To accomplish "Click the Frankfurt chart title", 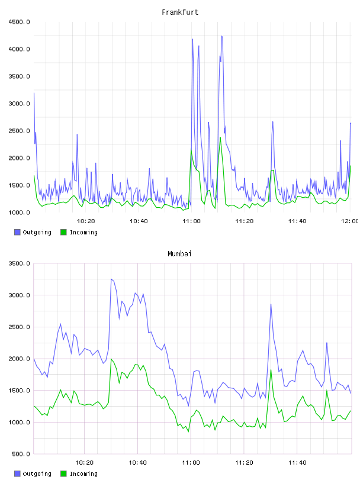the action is pos(180,12).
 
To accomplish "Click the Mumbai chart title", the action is pos(179,254).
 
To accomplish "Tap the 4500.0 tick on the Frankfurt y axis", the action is pos(20,22).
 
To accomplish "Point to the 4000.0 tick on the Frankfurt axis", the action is pos(20,49).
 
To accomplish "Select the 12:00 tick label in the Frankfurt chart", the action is pos(350,221).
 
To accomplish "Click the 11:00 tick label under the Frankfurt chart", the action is pos(191,221).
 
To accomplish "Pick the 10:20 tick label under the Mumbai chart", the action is pos(85,463).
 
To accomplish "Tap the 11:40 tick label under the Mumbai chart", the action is pos(297,463).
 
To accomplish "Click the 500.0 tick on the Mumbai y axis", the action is pos(21,454).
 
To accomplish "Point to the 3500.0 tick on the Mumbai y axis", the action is pos(20,263).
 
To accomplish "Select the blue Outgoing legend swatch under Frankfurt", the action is pos(17,232).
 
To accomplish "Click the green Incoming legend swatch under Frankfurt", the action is pos(63,232).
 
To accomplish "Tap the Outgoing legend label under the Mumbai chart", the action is pos(37,474).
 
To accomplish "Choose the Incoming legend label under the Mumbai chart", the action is pos(83,474).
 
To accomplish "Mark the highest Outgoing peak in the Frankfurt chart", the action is pos(222,36).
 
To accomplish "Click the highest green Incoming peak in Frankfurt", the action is pos(220,138).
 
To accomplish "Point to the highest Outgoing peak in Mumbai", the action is pos(111,279).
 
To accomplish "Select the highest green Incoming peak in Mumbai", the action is pos(111,359).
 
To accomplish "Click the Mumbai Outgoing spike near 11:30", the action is pos(271,304).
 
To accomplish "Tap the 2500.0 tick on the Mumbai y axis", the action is pos(20,327).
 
